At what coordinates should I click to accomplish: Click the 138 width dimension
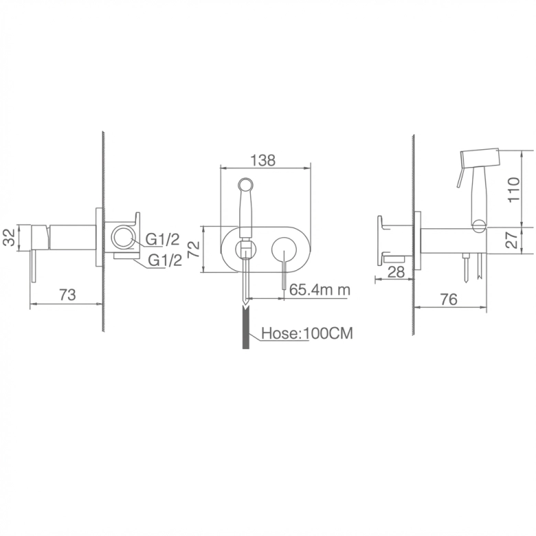pyautogui.click(x=263, y=160)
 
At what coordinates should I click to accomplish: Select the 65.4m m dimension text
pyautogui.click(x=320, y=289)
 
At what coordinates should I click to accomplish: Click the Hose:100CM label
pyautogui.click(x=307, y=333)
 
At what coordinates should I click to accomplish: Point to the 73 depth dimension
pyautogui.click(x=67, y=295)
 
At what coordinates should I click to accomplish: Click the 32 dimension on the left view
pyautogui.click(x=9, y=237)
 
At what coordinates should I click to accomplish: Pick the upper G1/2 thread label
pyautogui.click(x=162, y=239)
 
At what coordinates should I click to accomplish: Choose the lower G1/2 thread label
pyautogui.click(x=165, y=260)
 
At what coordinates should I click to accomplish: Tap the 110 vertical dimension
pyautogui.click(x=513, y=190)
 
